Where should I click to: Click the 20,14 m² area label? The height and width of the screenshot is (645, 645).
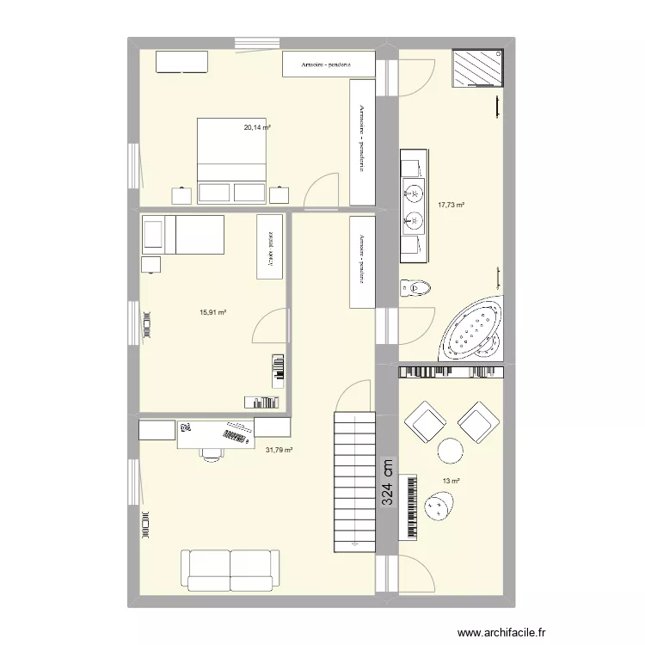point(257,128)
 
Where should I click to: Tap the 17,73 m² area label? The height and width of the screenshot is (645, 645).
point(451,205)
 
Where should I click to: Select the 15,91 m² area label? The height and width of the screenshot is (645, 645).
point(212,313)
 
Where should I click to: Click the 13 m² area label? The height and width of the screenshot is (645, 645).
point(451,482)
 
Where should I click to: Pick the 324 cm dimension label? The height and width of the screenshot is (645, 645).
point(388,486)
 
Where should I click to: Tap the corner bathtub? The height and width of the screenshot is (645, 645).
point(472,329)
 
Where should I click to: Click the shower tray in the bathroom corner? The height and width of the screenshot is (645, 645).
point(480,68)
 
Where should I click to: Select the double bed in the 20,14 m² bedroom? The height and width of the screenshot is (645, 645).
point(231,160)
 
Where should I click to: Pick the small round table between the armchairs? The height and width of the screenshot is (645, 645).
point(450,450)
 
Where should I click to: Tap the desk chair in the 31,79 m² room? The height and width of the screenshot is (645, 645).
point(209,453)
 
